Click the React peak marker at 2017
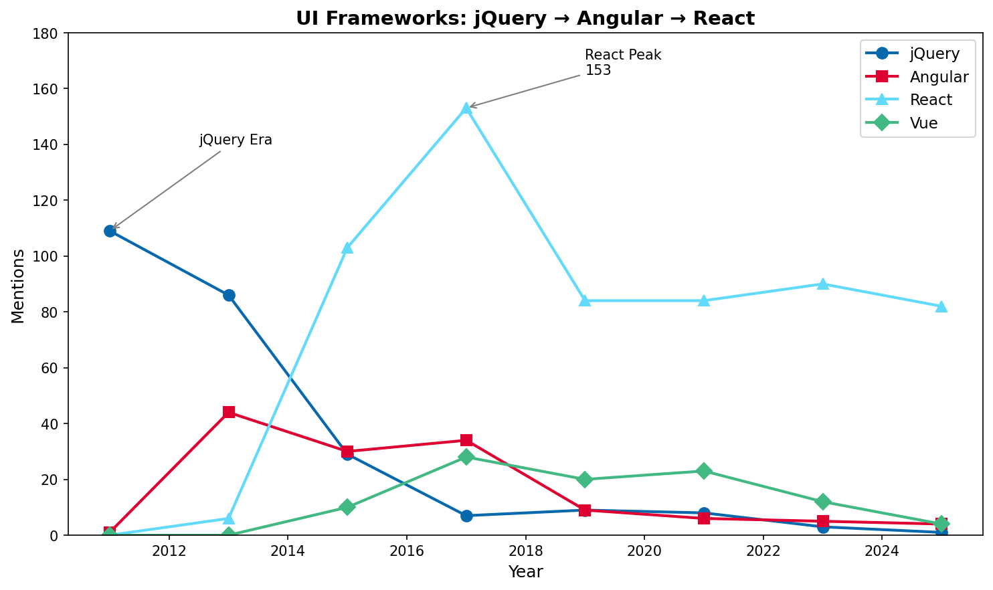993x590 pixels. click(466, 108)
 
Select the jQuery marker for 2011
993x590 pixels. click(110, 231)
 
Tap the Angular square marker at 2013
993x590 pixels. click(229, 412)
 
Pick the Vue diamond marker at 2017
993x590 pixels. click(466, 457)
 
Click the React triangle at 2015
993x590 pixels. click(347, 248)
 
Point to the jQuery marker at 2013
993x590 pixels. click(229, 295)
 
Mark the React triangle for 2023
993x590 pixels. click(822, 284)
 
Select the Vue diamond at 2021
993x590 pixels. click(703, 471)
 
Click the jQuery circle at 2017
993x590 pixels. click(466, 516)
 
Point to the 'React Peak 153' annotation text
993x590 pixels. click(622, 63)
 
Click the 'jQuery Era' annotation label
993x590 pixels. click(236, 140)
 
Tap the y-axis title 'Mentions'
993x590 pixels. click(18, 286)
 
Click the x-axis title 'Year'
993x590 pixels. click(525, 572)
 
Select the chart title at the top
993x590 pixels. click(525, 18)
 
